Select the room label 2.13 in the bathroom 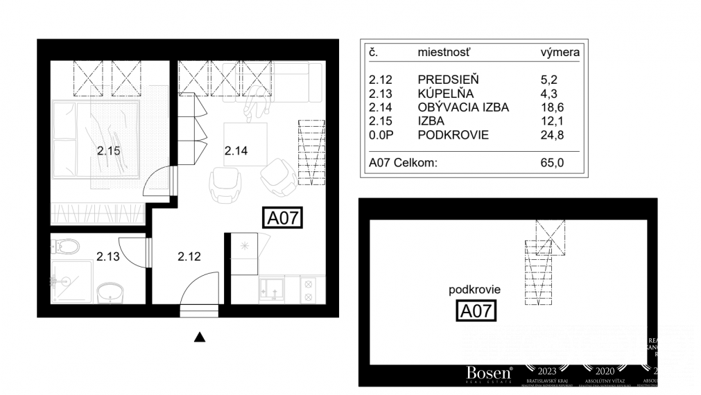coord(107,256)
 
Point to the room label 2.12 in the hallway coord(189,256)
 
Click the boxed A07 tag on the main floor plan coord(283,218)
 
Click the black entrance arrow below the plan coord(200,337)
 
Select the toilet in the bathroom coord(67,246)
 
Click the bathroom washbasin coord(110,292)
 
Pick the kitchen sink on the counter coord(271,289)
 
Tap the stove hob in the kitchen coord(309,289)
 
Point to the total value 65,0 coord(552,163)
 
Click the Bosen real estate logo coord(489,373)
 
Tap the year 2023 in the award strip coord(543,370)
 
